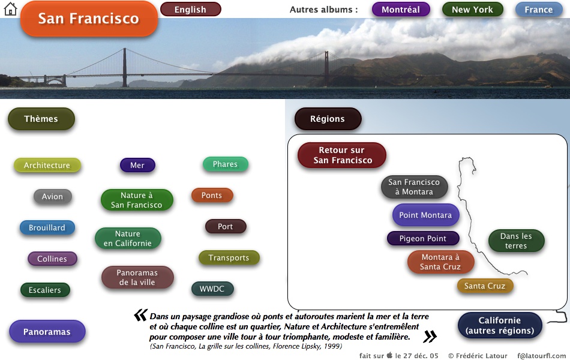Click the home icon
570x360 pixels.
[x=10, y=9]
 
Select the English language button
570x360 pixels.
[x=190, y=10]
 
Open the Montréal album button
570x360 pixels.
[x=401, y=10]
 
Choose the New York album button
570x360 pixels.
[x=472, y=10]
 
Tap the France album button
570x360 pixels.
[x=538, y=10]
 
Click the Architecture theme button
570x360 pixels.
[x=47, y=166]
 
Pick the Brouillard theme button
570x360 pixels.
[x=47, y=227]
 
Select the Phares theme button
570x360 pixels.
[x=226, y=164]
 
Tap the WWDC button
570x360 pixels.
[x=212, y=289]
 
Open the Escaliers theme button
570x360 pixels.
[x=45, y=290]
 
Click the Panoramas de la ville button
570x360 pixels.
[x=137, y=277]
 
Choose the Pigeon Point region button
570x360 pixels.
[x=423, y=239]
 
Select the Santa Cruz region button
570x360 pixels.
[x=485, y=286]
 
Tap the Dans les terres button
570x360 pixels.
[x=516, y=241]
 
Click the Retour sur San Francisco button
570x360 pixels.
[x=342, y=155]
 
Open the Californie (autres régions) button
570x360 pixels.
[x=500, y=325]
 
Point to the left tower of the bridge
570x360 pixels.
[x=125, y=68]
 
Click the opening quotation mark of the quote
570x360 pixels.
[x=140, y=315]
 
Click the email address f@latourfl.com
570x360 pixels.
[x=542, y=356]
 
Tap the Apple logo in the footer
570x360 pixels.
[x=389, y=355]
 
